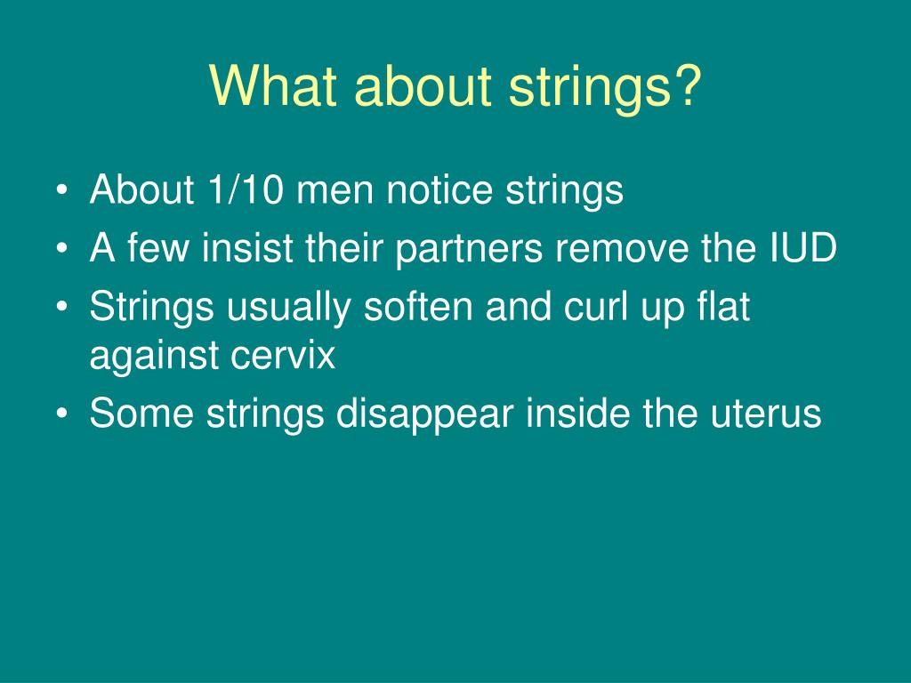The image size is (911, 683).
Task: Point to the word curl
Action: pos(602,308)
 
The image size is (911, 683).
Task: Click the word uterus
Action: pos(763,414)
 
